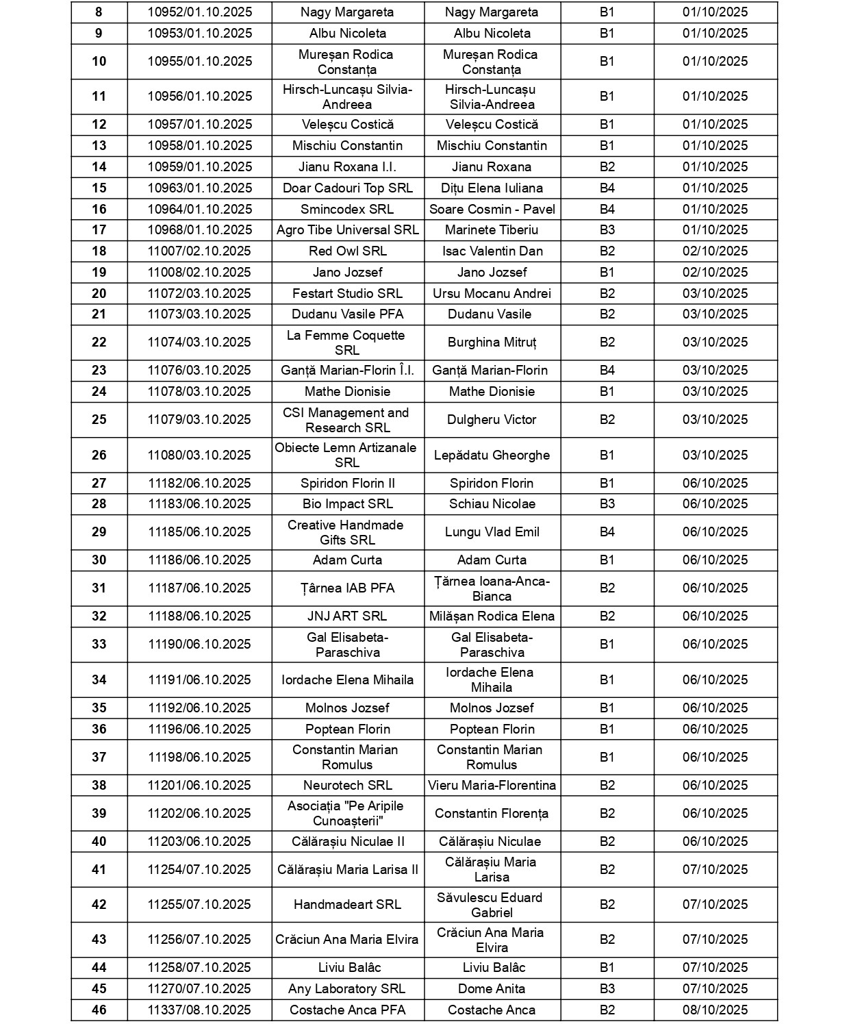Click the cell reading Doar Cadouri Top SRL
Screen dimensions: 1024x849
[x=347, y=188]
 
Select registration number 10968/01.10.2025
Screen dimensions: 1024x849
[x=199, y=230]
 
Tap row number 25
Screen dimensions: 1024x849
[x=99, y=420]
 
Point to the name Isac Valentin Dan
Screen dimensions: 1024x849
[x=492, y=251]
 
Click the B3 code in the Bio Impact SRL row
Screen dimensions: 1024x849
[x=607, y=504]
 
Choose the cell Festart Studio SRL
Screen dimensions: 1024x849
[x=347, y=294]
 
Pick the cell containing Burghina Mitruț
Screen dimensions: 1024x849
[x=492, y=342]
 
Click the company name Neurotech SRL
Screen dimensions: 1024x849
[x=347, y=786]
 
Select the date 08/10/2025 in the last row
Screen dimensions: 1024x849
[x=715, y=1010]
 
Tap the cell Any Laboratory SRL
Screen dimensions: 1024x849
[x=347, y=989]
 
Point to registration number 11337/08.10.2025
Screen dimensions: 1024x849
[x=199, y=1010]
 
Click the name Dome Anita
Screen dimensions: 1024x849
[x=492, y=989]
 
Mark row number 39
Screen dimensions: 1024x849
[x=99, y=814]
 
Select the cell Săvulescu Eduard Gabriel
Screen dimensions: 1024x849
[x=492, y=905]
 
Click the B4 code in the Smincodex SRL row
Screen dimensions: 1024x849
[x=607, y=210]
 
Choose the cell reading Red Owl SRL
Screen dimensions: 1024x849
[x=347, y=251]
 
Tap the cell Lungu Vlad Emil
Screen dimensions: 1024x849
[x=492, y=532]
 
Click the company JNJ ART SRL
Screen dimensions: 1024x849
[x=347, y=616]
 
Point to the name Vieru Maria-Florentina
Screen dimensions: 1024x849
[x=492, y=786]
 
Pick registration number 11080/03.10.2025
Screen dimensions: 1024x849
[x=199, y=455]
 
